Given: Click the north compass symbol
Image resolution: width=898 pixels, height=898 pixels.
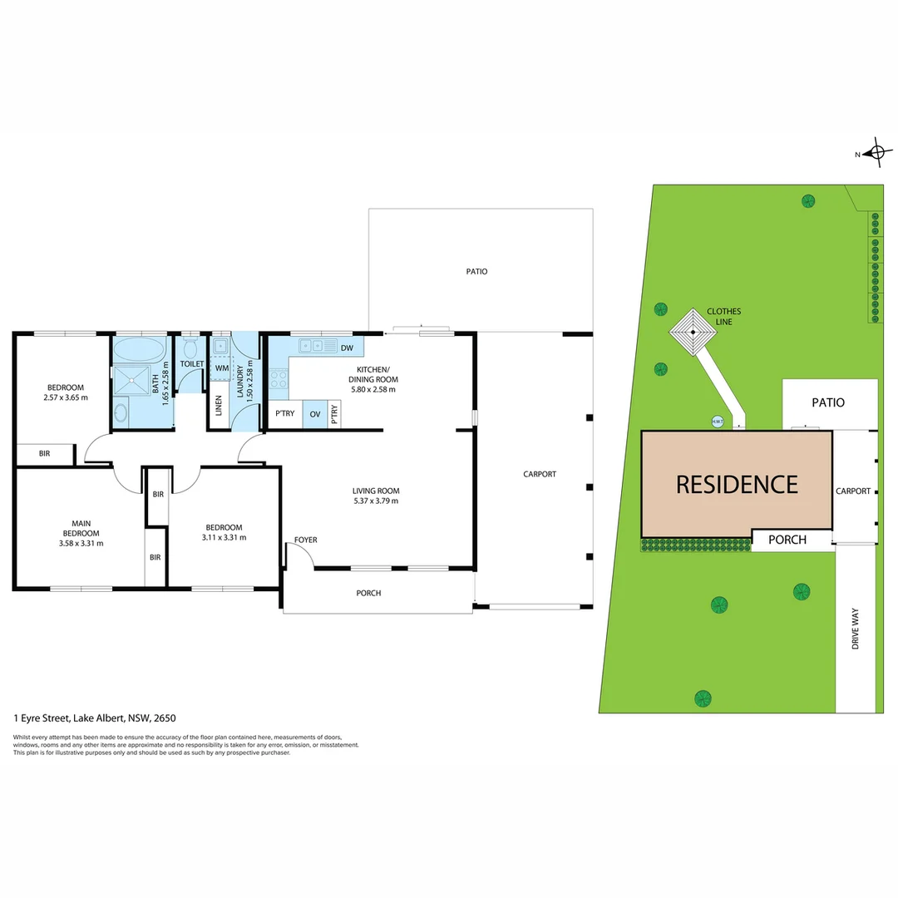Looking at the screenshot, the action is coord(875,153).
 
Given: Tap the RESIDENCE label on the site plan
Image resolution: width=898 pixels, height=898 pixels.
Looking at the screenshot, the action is coord(737,484).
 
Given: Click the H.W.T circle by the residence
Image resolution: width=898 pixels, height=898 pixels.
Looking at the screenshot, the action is coord(717,422).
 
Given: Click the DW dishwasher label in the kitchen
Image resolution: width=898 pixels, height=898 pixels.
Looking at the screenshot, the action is coord(347,347).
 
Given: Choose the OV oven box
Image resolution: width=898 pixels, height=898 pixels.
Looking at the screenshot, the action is coord(315,413).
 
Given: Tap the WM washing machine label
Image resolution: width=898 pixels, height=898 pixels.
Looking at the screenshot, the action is coord(221,368).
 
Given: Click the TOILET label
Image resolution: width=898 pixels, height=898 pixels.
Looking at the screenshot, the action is coord(192,363).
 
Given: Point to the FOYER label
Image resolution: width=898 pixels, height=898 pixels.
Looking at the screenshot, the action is coord(305,540).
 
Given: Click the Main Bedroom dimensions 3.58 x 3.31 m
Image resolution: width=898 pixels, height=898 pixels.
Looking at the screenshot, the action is coord(81,543).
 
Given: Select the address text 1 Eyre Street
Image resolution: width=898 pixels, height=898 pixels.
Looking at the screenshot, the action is coord(95,718).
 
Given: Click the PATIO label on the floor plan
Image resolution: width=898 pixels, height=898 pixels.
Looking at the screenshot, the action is coord(476,271).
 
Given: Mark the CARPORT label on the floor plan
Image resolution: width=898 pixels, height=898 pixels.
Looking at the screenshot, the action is coord(540,474).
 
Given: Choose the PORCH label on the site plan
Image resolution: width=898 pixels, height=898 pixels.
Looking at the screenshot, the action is coord(787,540).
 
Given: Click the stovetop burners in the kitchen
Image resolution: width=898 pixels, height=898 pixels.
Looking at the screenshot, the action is coord(279,379).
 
